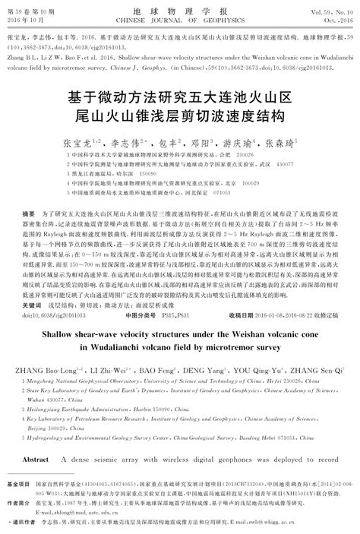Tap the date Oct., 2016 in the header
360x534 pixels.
pyautogui.click(x=336, y=21)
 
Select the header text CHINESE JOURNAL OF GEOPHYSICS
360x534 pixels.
pyautogui.click(x=179, y=21)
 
